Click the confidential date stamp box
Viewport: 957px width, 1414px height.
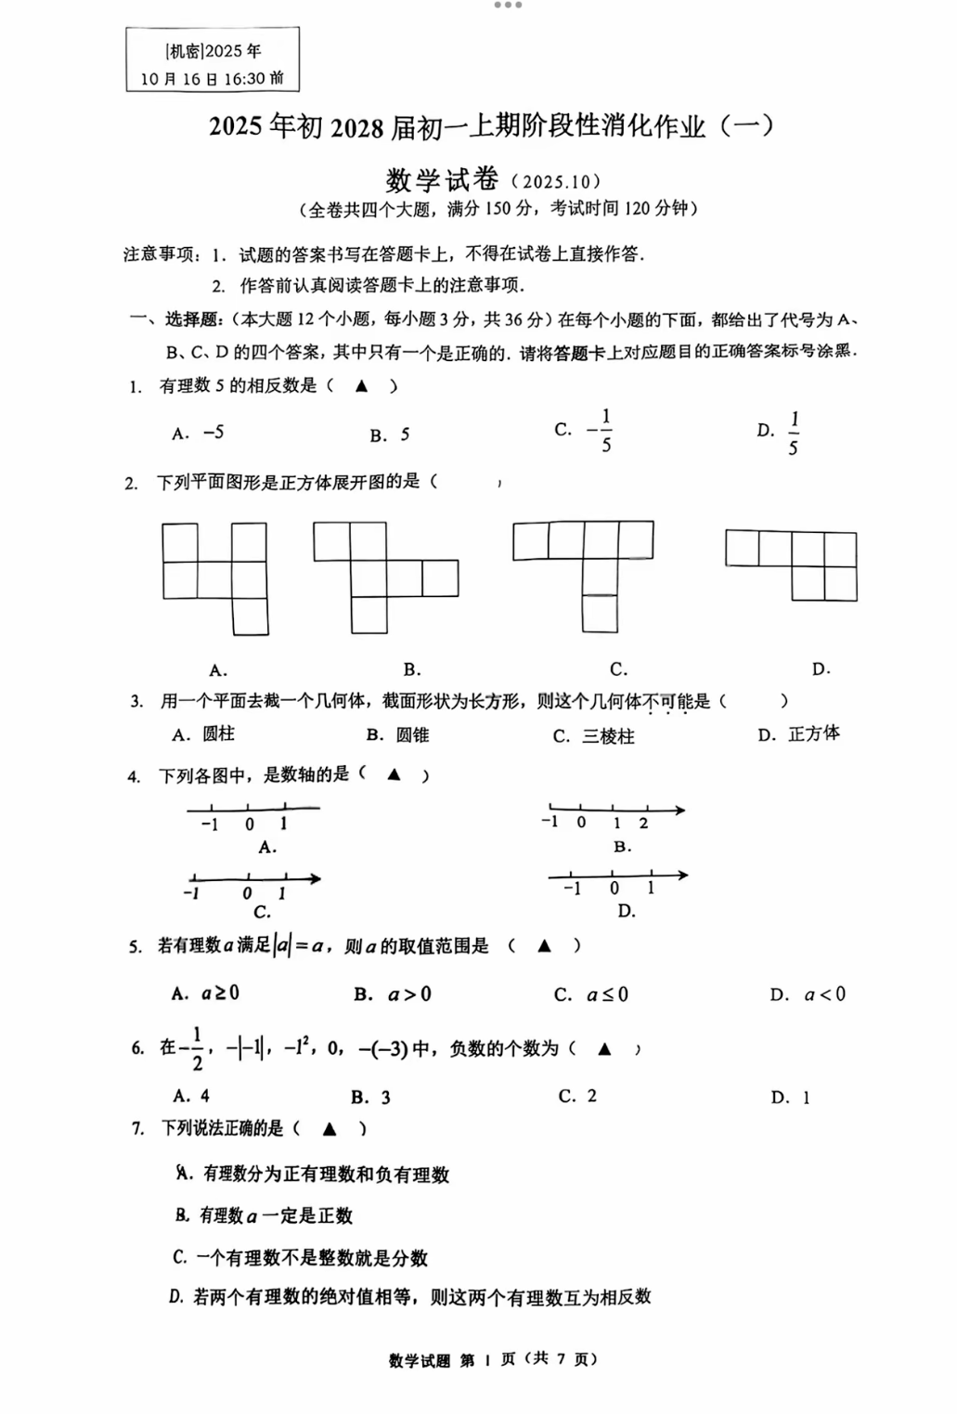pos(213,59)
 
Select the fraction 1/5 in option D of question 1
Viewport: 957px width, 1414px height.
pos(794,433)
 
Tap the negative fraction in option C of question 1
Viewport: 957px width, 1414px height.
pos(600,431)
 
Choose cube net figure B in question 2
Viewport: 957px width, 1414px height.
pos(384,577)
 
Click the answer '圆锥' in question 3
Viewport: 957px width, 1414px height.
pos(412,735)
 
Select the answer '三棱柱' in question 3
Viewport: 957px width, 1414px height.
pos(608,736)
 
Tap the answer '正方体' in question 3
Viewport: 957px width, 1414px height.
pos(813,734)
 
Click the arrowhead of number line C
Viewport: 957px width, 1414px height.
pos(316,878)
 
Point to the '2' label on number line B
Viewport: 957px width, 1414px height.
pos(643,824)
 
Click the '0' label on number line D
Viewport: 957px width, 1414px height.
pos(614,889)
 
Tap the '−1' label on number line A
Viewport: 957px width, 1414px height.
pos(210,824)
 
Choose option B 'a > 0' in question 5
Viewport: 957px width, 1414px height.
pos(408,994)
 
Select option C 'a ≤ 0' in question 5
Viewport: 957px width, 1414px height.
pos(607,994)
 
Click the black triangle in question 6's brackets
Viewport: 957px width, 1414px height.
pos(604,1049)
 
